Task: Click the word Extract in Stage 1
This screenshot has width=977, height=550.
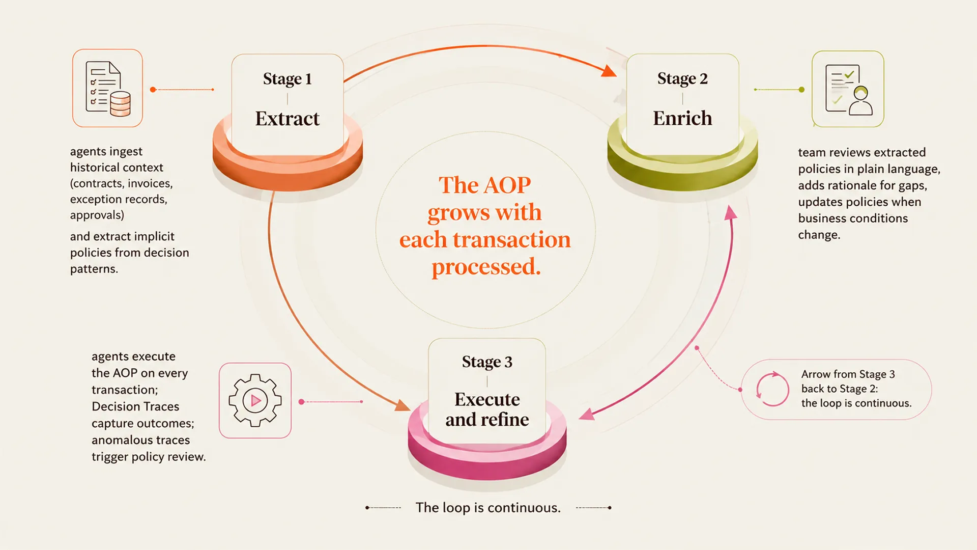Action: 287,119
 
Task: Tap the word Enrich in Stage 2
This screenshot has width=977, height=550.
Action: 682,118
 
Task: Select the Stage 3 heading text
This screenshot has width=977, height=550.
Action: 487,362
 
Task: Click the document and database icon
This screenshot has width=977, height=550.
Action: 107,88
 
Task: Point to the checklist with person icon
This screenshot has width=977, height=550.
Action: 848,89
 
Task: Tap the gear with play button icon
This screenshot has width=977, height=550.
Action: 255,400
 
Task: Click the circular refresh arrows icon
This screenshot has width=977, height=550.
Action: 772,389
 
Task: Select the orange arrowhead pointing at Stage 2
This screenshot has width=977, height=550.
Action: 609,70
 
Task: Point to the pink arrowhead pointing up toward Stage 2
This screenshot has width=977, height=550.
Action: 731,212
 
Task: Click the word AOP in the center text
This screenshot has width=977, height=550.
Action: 507,185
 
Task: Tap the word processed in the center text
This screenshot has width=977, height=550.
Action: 486,267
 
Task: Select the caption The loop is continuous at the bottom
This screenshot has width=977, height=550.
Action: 488,508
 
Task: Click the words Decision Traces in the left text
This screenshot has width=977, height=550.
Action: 135,406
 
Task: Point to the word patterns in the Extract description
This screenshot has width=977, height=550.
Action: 94,269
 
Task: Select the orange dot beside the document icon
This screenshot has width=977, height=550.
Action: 153,90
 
